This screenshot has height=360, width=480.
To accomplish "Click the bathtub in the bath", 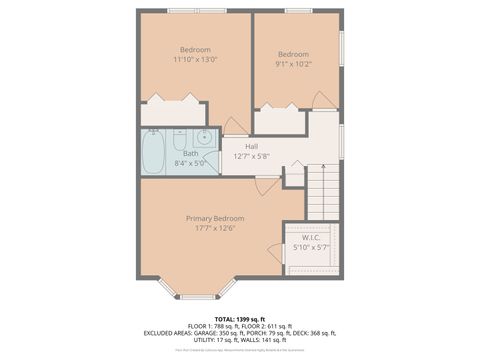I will pyautogui.click(x=153, y=153).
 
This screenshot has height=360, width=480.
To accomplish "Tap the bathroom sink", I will pyautogui.click(x=203, y=138).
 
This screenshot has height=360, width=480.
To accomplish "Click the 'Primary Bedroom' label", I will pyautogui.click(x=214, y=218).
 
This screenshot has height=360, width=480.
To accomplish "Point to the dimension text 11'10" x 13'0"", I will pyautogui.click(x=195, y=59).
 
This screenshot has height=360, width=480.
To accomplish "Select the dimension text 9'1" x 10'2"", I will pyautogui.click(x=293, y=63).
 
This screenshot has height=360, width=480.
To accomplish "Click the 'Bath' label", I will pyautogui.click(x=190, y=153).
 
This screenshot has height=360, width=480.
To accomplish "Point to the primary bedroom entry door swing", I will pyautogui.click(x=265, y=186).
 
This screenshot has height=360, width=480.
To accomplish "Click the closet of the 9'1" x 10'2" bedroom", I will pyautogui.click(x=280, y=121).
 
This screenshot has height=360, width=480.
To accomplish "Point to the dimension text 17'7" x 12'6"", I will pyautogui.click(x=214, y=227).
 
